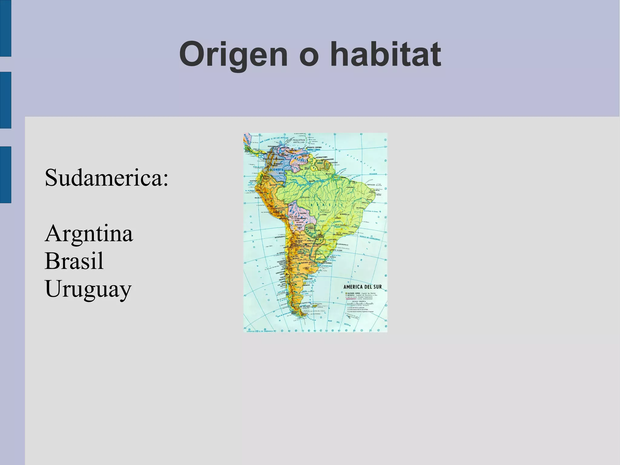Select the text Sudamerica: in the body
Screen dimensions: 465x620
tap(106, 178)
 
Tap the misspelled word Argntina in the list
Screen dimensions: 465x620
tap(89, 233)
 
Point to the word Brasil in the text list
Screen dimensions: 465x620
tap(74, 261)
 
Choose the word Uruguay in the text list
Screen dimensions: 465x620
tap(88, 289)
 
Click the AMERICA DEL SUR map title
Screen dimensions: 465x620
tap(362, 287)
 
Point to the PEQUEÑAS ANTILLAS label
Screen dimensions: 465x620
tap(299, 141)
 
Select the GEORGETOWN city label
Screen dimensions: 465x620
tap(322, 157)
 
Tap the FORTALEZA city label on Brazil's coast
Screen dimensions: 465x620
tap(371, 184)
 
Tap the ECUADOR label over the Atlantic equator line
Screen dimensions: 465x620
tap(373, 174)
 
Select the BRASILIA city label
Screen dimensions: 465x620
tap(345, 214)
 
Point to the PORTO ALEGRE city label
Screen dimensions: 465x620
tap(337, 250)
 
